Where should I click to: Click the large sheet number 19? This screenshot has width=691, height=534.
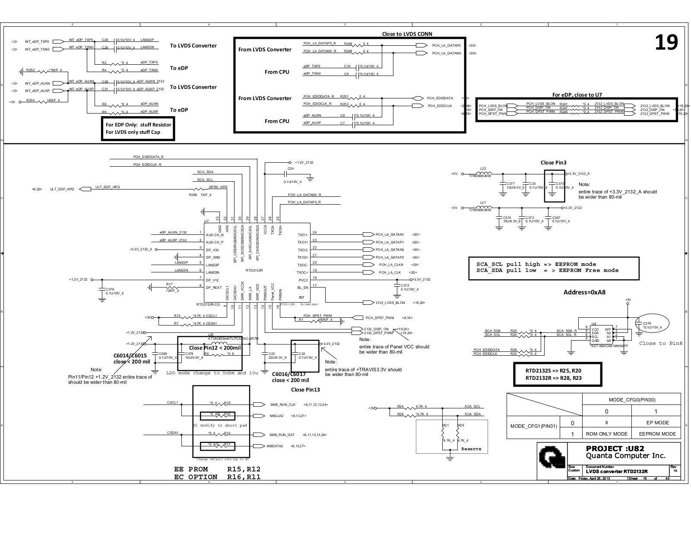point(666,42)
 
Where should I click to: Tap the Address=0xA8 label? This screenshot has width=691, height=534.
point(584,292)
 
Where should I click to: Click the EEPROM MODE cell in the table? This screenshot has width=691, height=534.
point(656,434)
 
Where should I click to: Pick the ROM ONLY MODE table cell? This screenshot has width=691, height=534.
point(606,434)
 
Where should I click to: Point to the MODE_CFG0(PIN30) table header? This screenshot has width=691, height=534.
point(631,400)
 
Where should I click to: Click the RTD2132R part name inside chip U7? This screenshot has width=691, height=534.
point(254,270)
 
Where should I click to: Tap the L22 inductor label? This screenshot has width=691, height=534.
point(483,168)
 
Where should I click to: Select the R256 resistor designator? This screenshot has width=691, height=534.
point(193,195)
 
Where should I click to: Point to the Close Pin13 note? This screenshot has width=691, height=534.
point(305,389)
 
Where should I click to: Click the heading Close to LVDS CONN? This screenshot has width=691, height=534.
point(407,34)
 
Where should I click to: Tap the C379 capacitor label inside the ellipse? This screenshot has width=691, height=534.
point(647,323)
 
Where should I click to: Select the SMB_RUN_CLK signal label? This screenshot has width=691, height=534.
point(283,404)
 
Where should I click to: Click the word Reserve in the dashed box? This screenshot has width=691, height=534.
point(471,449)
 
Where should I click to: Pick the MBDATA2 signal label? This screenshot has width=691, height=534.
point(275,446)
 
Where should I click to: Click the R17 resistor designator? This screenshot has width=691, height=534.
point(169,284)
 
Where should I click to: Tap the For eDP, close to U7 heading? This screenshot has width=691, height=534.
point(577,95)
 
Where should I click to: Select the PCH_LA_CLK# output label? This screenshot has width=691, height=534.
point(391,265)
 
